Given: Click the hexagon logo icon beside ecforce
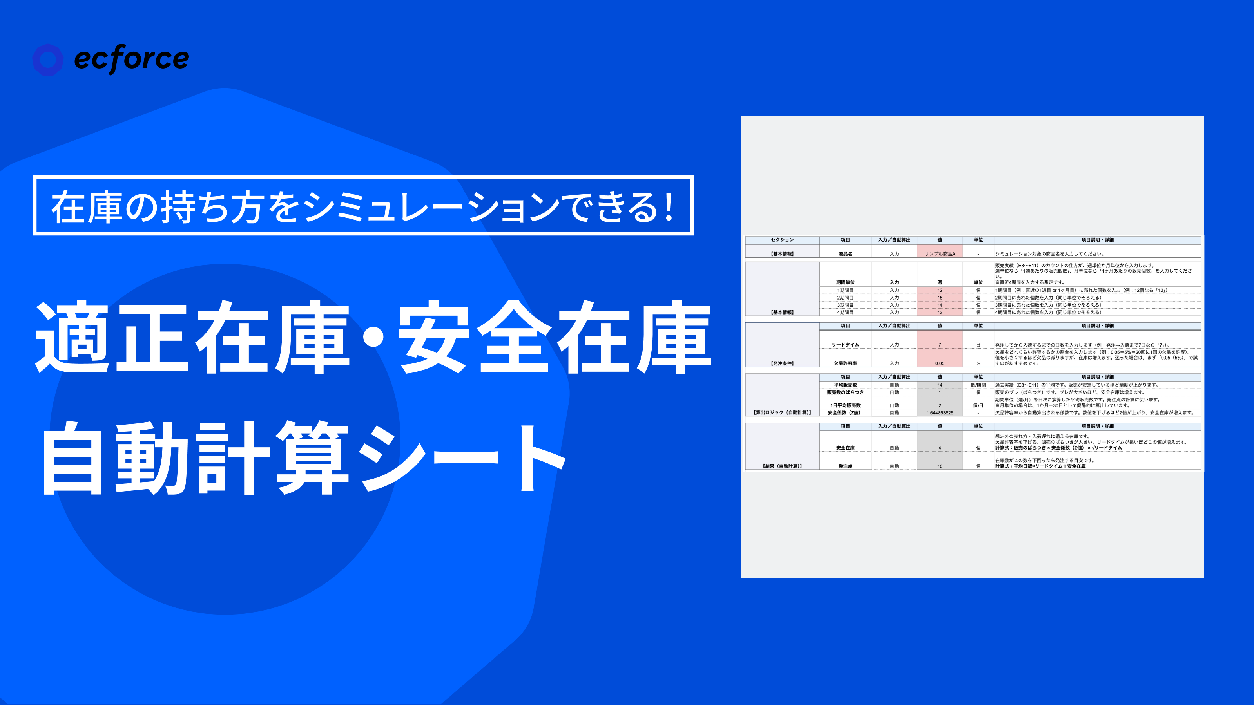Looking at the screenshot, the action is point(48,60).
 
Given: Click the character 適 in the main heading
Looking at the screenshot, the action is point(72,337).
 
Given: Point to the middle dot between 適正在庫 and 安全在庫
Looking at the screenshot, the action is point(373,337).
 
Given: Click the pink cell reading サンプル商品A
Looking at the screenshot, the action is point(940,254).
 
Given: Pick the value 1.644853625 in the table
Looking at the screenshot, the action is point(940,412).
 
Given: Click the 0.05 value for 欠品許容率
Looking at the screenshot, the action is point(940,363).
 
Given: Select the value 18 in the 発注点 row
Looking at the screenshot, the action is point(940,466).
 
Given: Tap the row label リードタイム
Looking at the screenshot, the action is point(845,345).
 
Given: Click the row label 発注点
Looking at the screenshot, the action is point(845,466).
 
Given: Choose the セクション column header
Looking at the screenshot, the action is point(782,240).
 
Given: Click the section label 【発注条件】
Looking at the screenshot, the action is point(782,363).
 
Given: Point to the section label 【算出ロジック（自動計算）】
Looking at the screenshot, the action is point(782,412).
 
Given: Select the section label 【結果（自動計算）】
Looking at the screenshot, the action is point(782,466).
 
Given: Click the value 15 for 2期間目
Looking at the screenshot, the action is point(940,298).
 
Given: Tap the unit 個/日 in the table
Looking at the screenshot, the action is point(978,405).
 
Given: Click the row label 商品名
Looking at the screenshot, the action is point(845,254).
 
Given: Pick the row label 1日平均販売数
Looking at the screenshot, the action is point(845,405).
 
